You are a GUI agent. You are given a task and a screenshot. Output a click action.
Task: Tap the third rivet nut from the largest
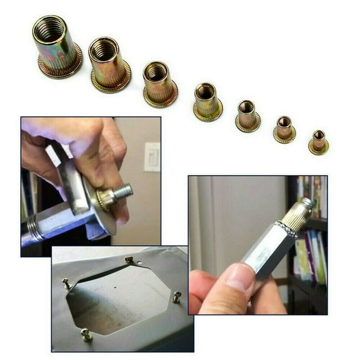coord(159,84)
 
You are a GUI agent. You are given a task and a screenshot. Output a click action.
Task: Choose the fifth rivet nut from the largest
coord(247,116)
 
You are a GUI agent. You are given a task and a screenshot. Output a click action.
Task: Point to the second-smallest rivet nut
coord(285,129)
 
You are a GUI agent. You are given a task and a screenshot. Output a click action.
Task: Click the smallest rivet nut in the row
coord(319,142)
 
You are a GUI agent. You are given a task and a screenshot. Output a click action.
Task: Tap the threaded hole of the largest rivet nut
coord(49,29)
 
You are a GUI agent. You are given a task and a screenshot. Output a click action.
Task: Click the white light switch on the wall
coord(151,157)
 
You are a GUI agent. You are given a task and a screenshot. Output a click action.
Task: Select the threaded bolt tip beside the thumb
coord(125,191)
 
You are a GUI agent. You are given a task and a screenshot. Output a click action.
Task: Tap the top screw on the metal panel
coord(129,259)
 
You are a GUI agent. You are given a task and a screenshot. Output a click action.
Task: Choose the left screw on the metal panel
coord(67,284)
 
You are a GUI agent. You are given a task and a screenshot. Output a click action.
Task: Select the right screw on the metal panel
coord(176,297)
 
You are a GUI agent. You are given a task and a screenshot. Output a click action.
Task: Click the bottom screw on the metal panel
coord(86,334)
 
